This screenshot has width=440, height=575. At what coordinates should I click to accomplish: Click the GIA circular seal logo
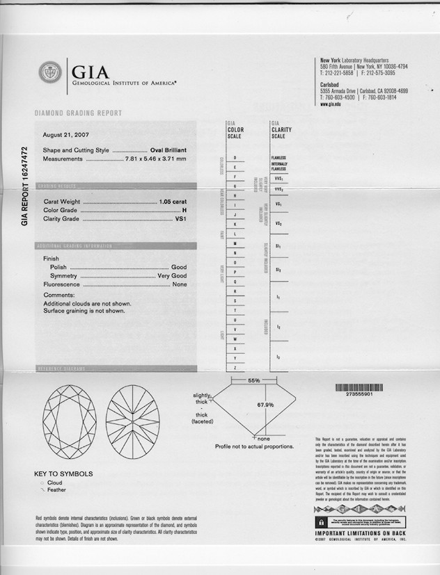click(x=51, y=72)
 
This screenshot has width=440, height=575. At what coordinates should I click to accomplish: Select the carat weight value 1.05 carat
click(x=173, y=200)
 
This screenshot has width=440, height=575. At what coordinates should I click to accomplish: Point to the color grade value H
click(x=184, y=209)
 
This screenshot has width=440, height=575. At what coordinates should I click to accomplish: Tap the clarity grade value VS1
click(x=180, y=219)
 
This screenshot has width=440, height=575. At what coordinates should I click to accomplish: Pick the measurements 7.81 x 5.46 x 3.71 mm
click(x=155, y=159)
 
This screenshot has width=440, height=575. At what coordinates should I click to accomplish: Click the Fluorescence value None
click(x=180, y=285)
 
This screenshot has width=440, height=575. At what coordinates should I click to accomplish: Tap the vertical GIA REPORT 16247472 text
click(x=24, y=186)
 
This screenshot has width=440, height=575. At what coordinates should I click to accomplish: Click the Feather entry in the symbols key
click(x=56, y=489)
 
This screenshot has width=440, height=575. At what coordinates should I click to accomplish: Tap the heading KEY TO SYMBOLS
click(x=63, y=474)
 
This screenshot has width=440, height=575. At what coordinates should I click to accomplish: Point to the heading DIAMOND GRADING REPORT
click(x=78, y=113)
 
